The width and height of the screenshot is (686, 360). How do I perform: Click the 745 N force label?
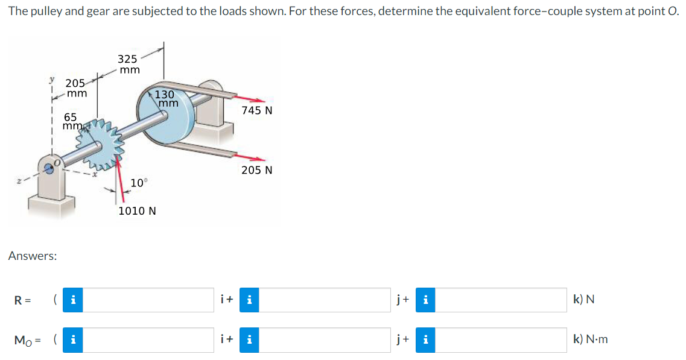(x=257, y=110)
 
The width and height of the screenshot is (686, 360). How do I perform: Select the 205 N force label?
(x=257, y=170)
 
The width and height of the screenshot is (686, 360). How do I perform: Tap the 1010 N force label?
(x=137, y=211)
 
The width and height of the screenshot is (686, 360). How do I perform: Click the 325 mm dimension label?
(x=129, y=64)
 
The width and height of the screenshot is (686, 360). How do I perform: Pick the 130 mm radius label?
(x=165, y=99)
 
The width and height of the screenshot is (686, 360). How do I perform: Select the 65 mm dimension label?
(x=71, y=121)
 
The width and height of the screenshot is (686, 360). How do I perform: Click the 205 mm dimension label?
(x=76, y=89)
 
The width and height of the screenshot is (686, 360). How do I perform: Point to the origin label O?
(x=58, y=162)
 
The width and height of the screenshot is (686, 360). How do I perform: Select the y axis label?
(x=52, y=80)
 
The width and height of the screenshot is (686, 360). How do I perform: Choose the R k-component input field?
(x=501, y=300)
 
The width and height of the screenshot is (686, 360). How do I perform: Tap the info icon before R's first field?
(x=72, y=300)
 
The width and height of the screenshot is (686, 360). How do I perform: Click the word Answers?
(x=33, y=256)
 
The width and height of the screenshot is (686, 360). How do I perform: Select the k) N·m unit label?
(x=591, y=339)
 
